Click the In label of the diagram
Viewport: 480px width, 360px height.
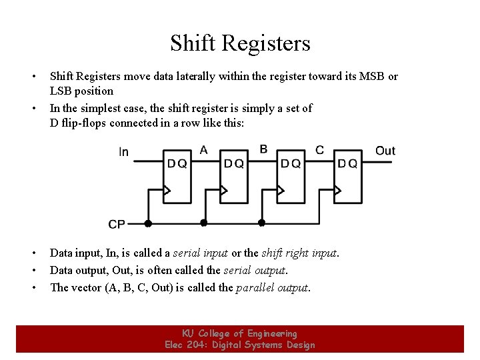point(123,153)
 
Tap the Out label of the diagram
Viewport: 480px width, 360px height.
point(385,151)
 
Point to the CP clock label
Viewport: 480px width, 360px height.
point(116,225)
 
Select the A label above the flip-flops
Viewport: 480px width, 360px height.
point(203,150)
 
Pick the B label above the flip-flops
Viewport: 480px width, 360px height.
point(263,149)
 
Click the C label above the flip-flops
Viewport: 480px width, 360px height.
point(320,150)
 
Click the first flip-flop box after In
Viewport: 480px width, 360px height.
point(177,177)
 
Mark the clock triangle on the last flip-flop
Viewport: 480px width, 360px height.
point(337,192)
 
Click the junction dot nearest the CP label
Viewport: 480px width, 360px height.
point(147,223)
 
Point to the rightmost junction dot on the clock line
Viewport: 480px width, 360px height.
point(261,223)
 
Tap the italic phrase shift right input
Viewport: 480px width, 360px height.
point(300,253)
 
